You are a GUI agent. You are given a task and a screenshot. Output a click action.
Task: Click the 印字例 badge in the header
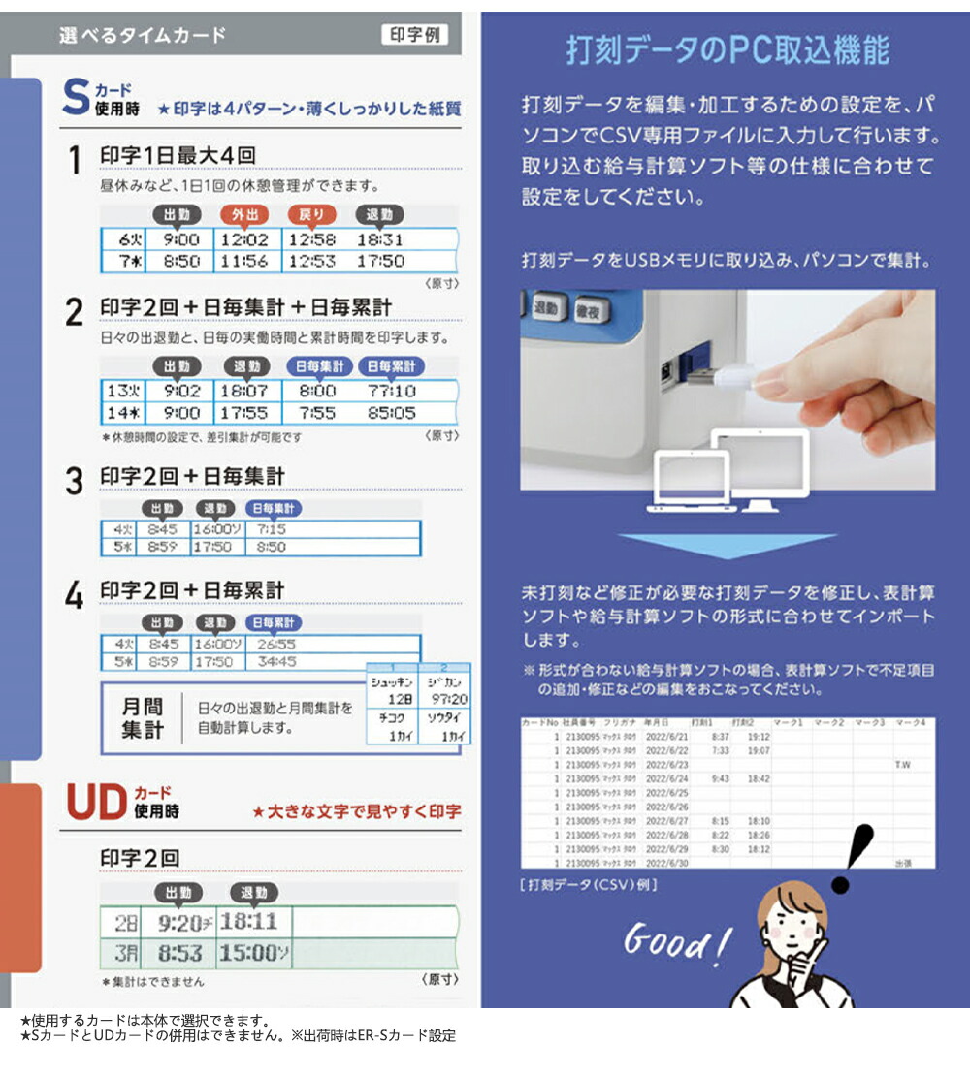point(414,34)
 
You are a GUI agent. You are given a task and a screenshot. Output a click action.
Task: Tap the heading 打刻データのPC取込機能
point(727,50)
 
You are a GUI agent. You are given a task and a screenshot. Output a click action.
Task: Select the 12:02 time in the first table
point(243,239)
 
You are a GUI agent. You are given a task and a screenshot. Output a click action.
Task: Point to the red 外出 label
point(243,214)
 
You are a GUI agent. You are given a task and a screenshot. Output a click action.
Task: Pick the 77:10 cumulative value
point(391,391)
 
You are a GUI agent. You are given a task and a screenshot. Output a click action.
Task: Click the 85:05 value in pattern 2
point(391,413)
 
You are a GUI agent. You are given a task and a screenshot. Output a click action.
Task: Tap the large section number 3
point(74,482)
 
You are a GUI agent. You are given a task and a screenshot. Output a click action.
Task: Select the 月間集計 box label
point(142,719)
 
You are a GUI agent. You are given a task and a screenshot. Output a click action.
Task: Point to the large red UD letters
point(96,802)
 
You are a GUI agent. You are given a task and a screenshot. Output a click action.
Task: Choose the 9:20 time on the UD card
point(178,922)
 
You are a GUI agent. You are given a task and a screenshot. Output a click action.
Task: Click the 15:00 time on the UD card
point(248,953)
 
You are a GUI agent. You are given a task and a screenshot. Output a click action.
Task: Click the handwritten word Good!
point(675,941)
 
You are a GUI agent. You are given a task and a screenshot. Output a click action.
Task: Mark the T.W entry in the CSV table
point(902,764)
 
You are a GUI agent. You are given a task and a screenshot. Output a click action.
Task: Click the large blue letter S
point(75,98)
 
